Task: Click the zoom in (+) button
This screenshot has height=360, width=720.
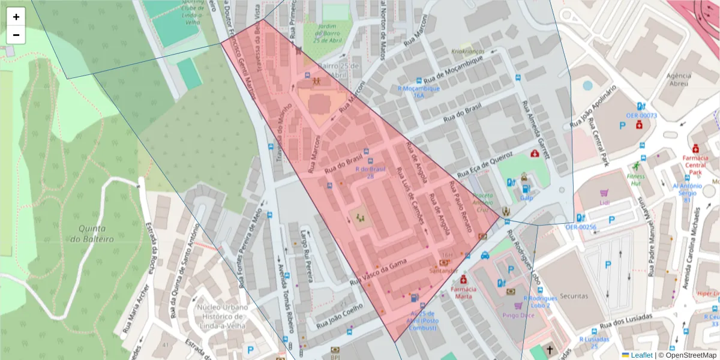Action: click(16, 17)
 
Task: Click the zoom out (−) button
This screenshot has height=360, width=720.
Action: click(16, 35)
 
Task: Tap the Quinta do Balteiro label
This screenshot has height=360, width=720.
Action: click(88, 234)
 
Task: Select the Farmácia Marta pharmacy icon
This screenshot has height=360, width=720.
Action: click(463, 280)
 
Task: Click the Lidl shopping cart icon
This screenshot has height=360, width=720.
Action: click(604, 193)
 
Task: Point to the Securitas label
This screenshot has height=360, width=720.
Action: click(574, 296)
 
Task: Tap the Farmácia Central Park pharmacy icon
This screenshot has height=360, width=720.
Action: click(695, 148)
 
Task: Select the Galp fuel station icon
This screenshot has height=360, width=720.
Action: click(526, 189)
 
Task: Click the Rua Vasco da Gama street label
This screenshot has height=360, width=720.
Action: click(378, 272)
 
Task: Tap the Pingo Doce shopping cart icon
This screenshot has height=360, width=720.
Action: click(518, 306)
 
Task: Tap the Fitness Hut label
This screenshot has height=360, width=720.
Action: click(636, 176)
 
